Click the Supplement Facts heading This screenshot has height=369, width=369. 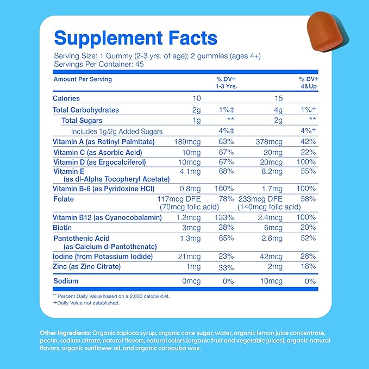click(136, 38)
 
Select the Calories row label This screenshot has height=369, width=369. click(66, 98)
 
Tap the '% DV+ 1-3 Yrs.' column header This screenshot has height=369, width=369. click(227, 83)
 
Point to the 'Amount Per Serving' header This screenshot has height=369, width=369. click(83, 79)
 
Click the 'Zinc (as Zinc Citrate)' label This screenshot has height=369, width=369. click(86, 267)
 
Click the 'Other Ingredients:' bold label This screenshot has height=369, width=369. click(65, 333)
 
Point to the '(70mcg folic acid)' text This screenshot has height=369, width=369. click(188, 207)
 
